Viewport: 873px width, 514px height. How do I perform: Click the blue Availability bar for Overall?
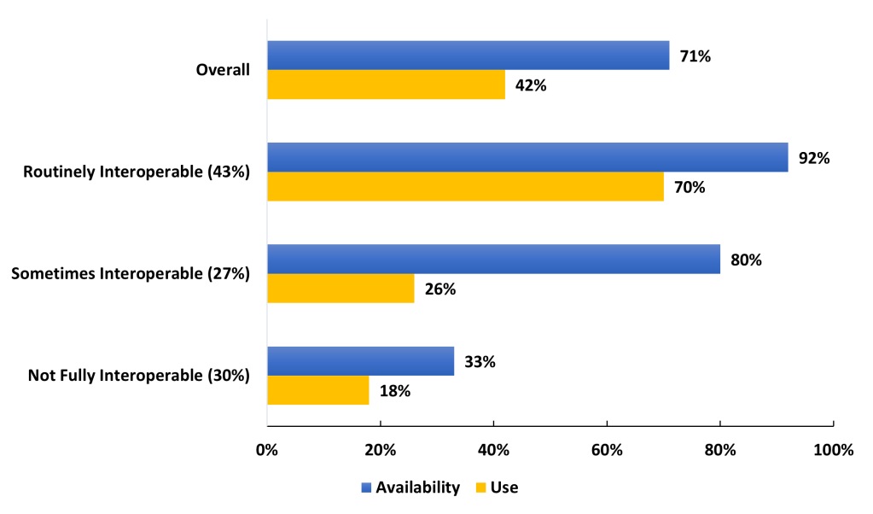(468, 55)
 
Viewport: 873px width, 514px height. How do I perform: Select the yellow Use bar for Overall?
(386, 85)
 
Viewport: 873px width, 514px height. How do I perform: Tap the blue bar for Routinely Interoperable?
(527, 157)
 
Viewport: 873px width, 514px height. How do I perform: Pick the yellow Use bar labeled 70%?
(465, 186)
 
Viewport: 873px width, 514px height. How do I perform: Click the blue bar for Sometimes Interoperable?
(493, 259)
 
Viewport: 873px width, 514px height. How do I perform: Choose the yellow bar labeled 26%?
(340, 288)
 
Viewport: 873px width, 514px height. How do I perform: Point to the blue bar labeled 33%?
(360, 360)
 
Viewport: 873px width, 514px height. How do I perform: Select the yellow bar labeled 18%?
(317, 390)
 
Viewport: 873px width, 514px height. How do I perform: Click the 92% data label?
(813, 158)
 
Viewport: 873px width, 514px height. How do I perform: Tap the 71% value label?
(695, 56)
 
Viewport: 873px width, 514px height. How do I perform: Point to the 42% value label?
(530, 85)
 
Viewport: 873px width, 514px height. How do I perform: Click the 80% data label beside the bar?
(745, 260)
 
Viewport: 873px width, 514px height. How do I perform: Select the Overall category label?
(223, 70)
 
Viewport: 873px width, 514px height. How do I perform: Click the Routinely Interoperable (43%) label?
(137, 172)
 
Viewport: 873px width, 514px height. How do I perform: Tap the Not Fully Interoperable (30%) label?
(138, 375)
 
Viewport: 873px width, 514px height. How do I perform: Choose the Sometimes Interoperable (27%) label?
(130, 273)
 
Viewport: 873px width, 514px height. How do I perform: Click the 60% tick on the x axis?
(606, 451)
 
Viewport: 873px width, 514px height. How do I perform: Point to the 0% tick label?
(267, 451)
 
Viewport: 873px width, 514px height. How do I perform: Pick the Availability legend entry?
(410, 488)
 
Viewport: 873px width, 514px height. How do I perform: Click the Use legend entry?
(497, 488)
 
